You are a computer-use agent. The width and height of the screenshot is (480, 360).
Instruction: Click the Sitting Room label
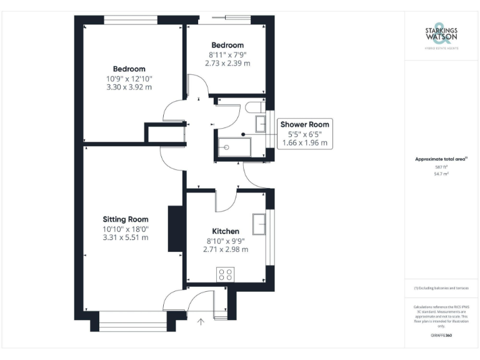[x=126, y=219]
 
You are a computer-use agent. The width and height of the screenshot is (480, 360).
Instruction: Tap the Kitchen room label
[x=226, y=231]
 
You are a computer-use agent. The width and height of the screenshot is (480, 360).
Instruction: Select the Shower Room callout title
[x=304, y=124]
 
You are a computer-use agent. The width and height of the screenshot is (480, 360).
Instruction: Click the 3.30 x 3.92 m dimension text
[x=129, y=87]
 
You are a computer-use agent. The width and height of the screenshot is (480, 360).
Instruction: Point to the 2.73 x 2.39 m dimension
[x=229, y=63]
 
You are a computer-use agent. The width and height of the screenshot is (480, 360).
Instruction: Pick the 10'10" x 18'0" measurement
[x=126, y=229]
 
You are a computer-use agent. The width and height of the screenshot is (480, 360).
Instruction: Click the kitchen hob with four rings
[x=225, y=273]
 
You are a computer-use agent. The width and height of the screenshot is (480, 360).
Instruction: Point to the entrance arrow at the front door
[x=201, y=322]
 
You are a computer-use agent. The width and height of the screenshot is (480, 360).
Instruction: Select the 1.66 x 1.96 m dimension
[x=304, y=143]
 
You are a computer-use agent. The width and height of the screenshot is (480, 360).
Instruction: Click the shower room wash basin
[x=261, y=123]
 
